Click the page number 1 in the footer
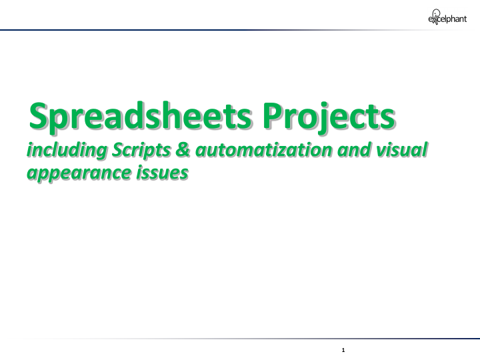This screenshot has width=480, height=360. [x=342, y=349]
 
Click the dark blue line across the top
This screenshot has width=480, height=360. [x=200, y=30]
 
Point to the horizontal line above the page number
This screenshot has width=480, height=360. [x=267, y=339]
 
